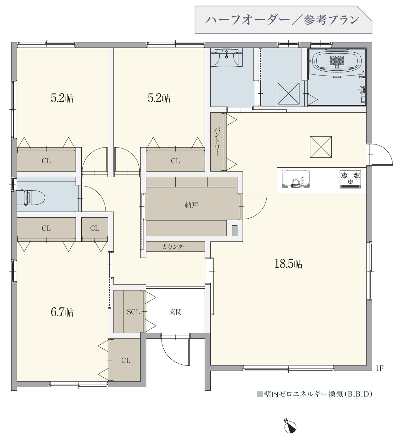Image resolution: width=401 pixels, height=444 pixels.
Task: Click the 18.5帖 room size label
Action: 288,264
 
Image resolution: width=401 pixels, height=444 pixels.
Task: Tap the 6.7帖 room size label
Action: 62,312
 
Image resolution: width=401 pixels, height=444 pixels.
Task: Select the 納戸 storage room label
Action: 191,205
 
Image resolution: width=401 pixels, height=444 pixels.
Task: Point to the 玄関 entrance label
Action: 175,312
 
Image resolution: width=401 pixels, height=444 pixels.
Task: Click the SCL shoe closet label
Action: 133,312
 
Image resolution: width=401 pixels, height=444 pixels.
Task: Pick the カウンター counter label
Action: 175,247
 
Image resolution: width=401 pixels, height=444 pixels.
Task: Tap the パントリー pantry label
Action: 217,142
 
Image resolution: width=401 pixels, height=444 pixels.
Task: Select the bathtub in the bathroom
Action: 337,60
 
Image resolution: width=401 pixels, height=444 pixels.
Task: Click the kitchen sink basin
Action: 295,179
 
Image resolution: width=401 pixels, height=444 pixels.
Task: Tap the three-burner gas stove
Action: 350,179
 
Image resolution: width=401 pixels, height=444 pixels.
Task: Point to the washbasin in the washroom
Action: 226,57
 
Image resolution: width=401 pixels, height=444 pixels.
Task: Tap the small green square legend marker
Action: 260,394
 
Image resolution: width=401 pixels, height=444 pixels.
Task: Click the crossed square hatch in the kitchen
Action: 321,147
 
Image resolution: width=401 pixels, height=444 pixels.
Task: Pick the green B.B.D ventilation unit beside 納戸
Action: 235,231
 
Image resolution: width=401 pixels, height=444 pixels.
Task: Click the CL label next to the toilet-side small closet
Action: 95,228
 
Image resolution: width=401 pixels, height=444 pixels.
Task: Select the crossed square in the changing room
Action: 289,93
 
